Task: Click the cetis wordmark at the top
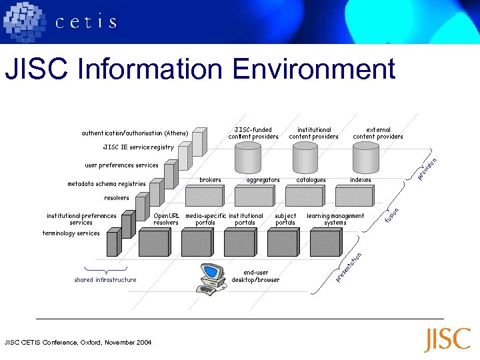(x=86, y=22)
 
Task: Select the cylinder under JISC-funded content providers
(x=248, y=158)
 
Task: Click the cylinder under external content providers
(x=365, y=158)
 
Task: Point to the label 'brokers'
(x=211, y=180)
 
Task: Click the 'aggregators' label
(x=263, y=180)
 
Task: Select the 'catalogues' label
(x=311, y=180)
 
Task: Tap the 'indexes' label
(x=361, y=180)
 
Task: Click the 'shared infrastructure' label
(x=105, y=280)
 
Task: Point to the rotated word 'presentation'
(x=349, y=266)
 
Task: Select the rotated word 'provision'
(x=427, y=168)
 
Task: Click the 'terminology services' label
(x=71, y=233)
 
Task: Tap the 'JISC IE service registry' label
(x=138, y=147)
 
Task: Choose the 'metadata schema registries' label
(x=107, y=184)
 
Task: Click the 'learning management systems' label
(x=335, y=219)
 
